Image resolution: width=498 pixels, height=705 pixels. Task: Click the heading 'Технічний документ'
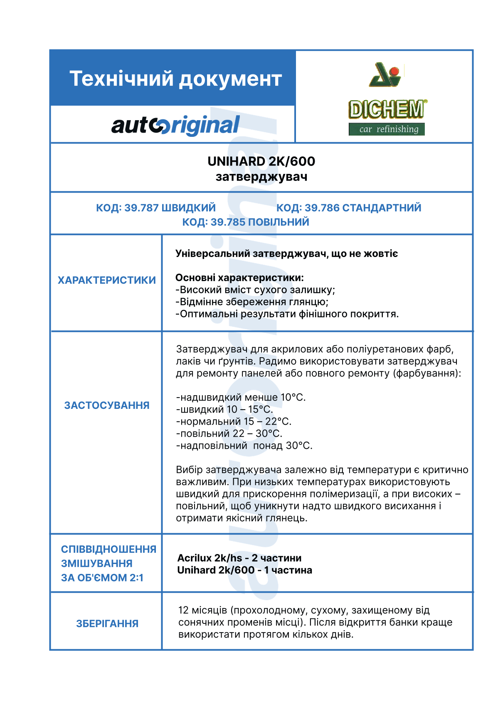coord(175,79)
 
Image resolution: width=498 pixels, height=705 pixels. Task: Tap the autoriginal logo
coord(175,125)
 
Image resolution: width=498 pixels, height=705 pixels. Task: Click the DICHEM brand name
coord(387,109)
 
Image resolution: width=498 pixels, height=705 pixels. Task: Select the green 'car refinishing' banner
coord(387,129)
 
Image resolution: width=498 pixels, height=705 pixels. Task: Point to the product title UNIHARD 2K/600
coord(261,161)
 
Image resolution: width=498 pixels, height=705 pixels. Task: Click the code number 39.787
coord(141,208)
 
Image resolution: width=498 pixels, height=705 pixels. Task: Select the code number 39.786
coord(322,208)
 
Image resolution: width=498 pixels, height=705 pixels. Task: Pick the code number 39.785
coord(228,222)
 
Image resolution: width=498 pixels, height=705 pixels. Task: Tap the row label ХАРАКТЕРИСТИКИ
coord(107,280)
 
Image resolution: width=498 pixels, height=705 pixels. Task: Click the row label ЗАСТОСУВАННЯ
coord(107,406)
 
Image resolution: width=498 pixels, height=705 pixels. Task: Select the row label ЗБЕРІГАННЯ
coord(107,623)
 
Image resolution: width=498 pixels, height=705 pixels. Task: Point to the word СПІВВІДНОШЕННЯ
coord(108,549)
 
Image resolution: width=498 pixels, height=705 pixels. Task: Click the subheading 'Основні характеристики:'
coord(239,277)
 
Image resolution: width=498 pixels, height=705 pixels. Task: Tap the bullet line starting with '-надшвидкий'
coord(241,398)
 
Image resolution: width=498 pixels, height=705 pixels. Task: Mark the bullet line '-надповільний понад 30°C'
coord(244,446)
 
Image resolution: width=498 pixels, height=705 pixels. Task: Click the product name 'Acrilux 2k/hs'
coord(210,558)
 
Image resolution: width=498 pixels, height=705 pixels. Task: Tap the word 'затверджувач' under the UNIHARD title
coord(261,177)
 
